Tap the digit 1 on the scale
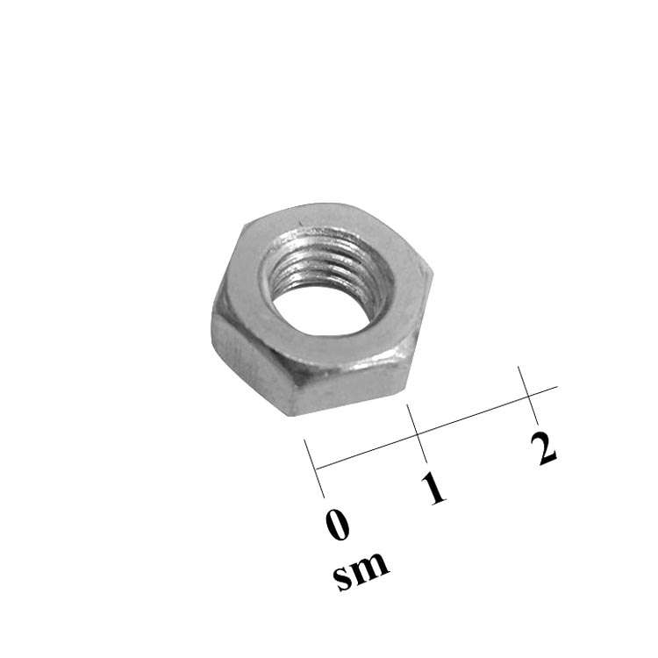point(434,488)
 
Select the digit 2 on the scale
point(543,448)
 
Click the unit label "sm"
point(361,571)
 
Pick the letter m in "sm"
point(371,567)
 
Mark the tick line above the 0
point(314,468)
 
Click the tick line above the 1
point(417,433)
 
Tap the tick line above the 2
point(528,396)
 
